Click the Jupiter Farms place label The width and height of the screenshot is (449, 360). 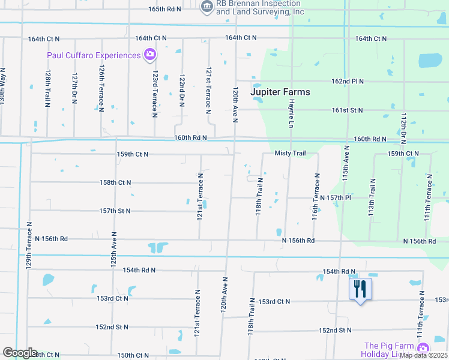(281, 92)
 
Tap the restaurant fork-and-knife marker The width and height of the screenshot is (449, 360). (360, 289)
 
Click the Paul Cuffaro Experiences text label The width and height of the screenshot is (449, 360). (94, 55)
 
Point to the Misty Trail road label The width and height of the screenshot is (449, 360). (291, 154)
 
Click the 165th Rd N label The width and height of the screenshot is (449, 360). (164, 10)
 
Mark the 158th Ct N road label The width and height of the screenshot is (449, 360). (115, 182)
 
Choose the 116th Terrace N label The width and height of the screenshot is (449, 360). (315, 197)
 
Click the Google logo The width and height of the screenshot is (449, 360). (20, 353)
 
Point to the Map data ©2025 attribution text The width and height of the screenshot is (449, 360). (423, 355)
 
